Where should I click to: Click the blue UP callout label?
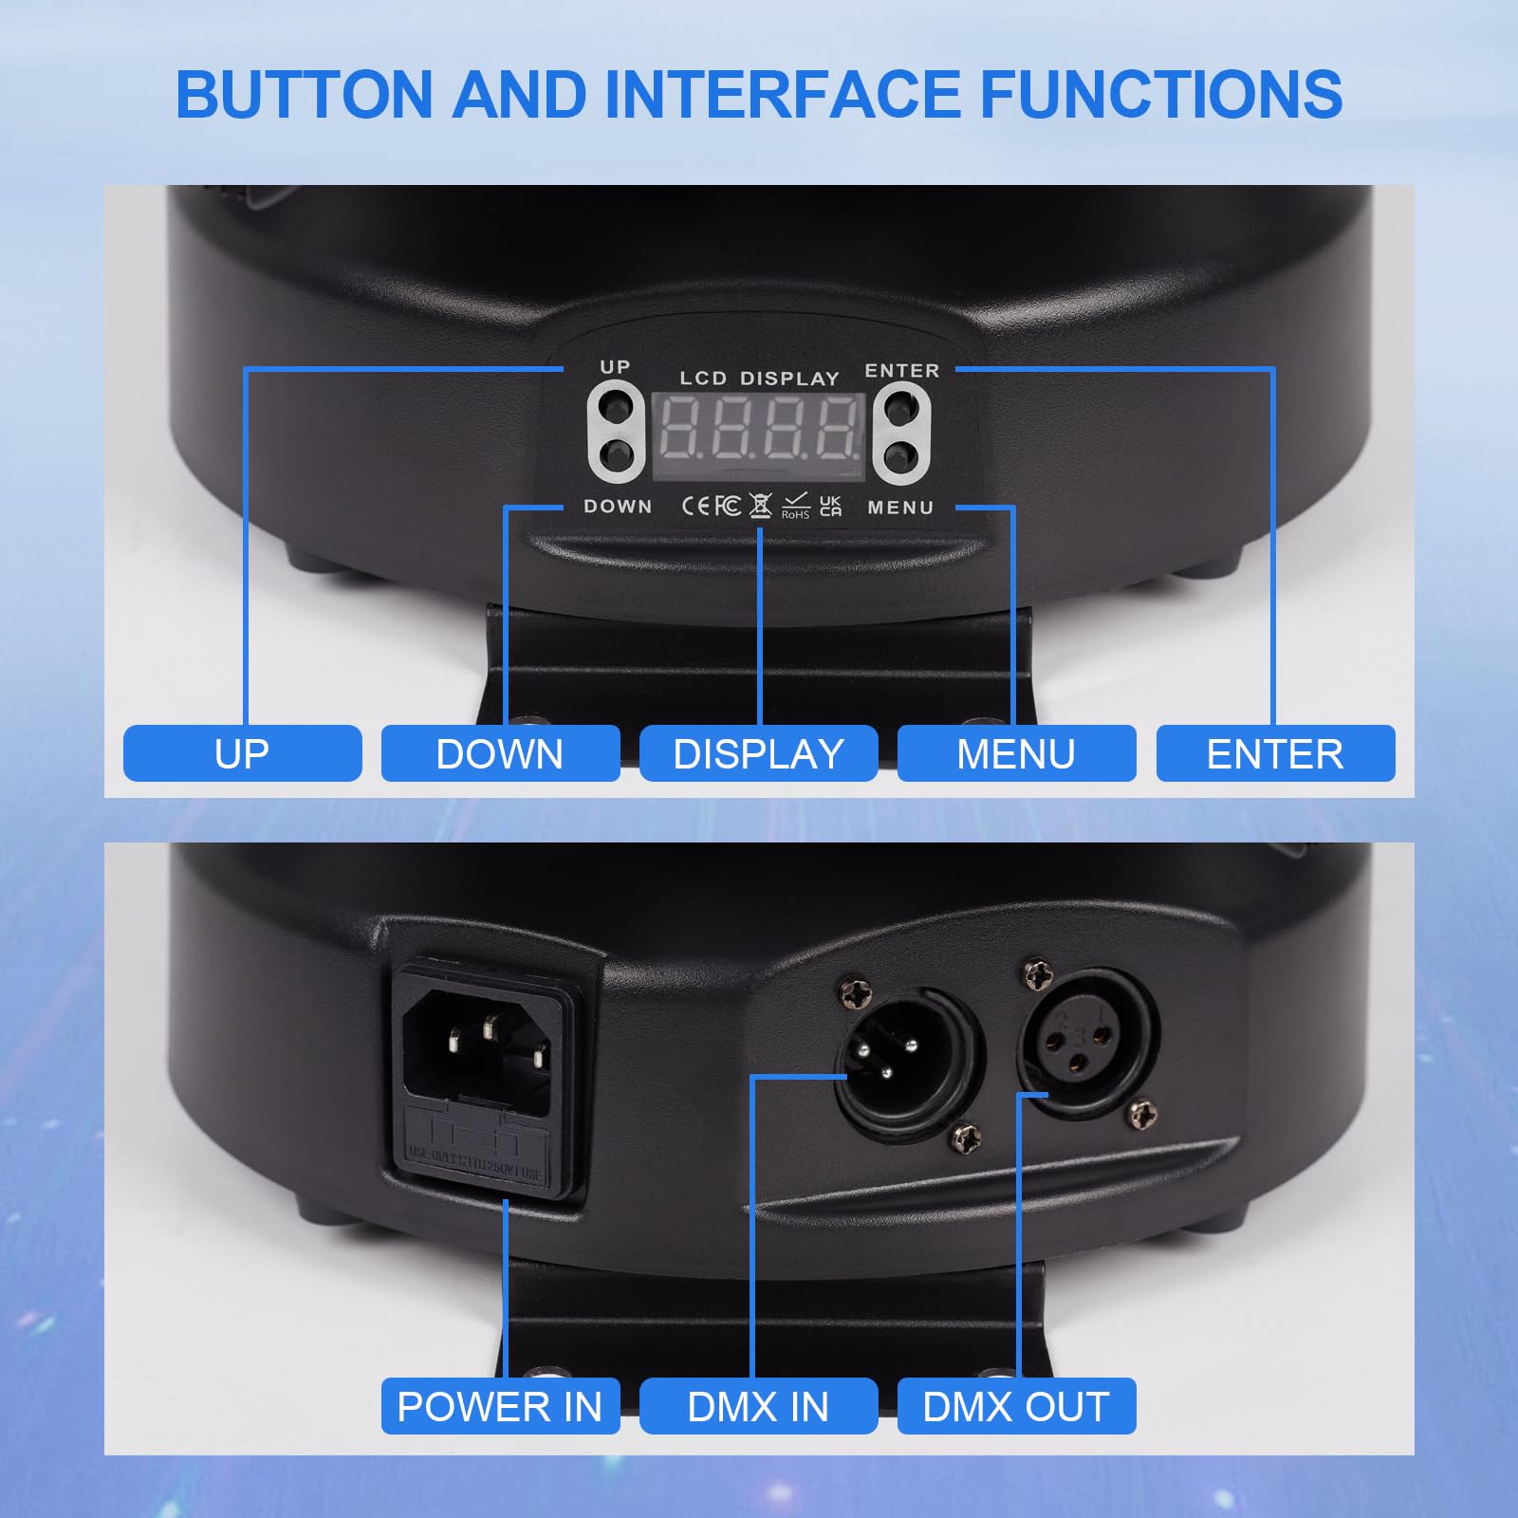tap(242, 754)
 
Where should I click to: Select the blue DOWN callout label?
tap(500, 754)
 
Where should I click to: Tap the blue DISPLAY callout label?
tap(758, 754)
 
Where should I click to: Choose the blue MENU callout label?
tap(1016, 754)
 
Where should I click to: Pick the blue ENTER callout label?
tap(1275, 754)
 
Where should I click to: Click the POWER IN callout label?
tap(500, 1406)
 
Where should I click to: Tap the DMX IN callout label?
tap(758, 1406)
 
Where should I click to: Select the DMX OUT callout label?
tap(1016, 1406)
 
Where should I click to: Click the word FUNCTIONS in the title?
tap(1160, 95)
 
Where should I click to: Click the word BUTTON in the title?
tap(304, 95)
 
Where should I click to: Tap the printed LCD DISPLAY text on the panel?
tap(759, 379)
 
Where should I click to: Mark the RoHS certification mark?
tap(795, 506)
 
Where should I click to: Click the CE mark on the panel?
tap(696, 506)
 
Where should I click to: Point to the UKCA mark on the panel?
tap(830, 506)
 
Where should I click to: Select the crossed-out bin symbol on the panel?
tap(760, 506)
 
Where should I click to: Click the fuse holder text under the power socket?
tap(474, 1163)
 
